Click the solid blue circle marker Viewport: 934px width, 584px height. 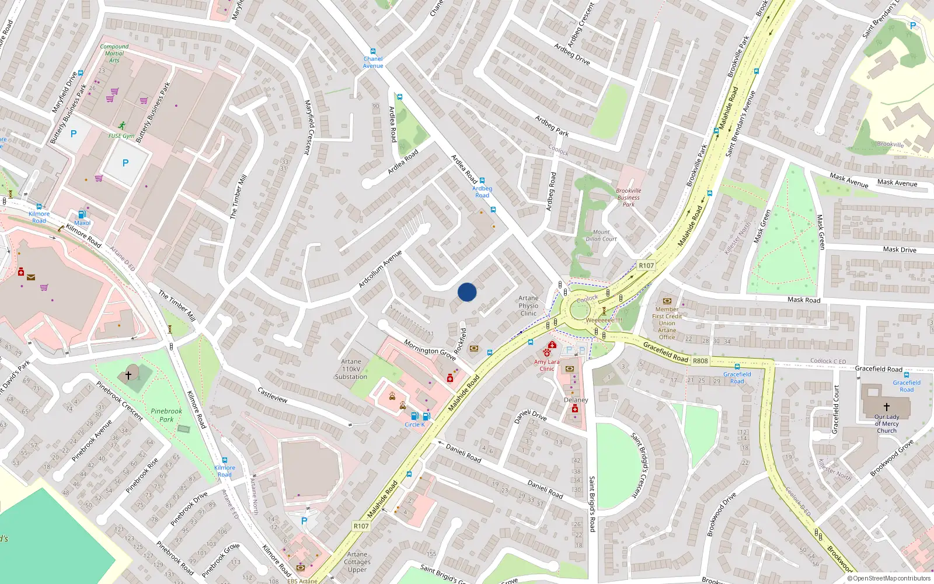[467, 292]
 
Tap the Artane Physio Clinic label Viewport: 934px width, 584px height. [528, 305]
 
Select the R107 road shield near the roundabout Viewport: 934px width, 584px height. [646, 266]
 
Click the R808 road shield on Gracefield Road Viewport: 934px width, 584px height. [700, 361]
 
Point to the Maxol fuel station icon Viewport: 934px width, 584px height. [82, 214]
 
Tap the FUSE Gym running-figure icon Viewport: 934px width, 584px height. [121, 126]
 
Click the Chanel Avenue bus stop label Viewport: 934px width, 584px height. [373, 62]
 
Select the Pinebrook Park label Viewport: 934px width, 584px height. [166, 415]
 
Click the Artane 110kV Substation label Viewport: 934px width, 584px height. [351, 369]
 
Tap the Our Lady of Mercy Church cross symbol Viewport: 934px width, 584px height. [886, 406]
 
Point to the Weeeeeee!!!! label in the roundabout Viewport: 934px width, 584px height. [604, 320]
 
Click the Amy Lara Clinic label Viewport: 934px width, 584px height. [546, 365]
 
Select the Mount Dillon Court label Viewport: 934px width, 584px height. [601, 235]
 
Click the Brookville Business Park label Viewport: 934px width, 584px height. [628, 197]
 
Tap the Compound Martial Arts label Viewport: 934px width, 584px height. [114, 53]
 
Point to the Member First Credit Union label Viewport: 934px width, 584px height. [667, 323]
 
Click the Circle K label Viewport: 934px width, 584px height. [414, 425]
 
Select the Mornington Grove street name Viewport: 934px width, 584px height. [430, 350]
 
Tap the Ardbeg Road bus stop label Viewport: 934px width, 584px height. [482, 192]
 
